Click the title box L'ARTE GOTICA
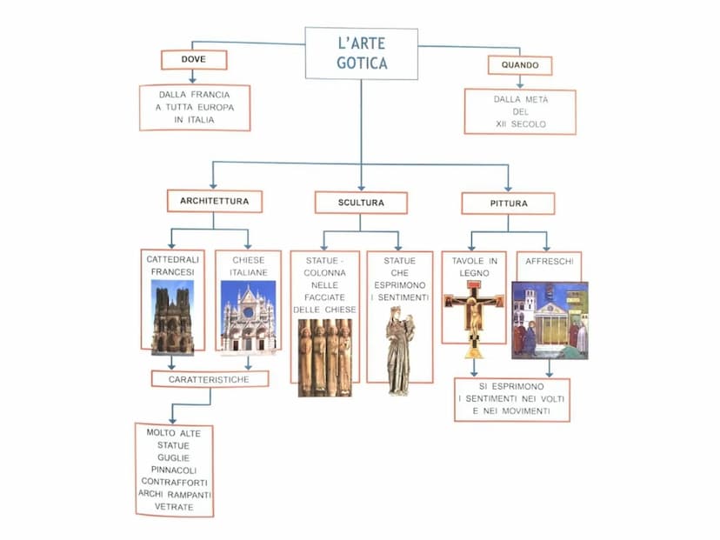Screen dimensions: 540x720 tap(361, 52)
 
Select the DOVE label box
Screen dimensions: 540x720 tap(194, 59)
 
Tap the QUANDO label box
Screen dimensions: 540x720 tap(520, 65)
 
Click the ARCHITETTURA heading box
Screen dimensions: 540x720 tap(214, 201)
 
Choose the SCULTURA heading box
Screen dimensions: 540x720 tap(361, 203)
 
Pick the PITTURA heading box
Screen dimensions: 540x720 tap(508, 203)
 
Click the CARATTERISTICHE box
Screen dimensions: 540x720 tap(210, 379)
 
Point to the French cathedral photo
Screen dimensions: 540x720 tap(172, 317)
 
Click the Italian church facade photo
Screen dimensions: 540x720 tap(248, 316)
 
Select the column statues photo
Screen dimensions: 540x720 tap(325, 357)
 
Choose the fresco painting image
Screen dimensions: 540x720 tap(550, 320)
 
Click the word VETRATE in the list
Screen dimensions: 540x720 tap(174, 506)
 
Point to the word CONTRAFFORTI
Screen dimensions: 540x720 tap(174, 482)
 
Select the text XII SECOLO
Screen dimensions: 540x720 tap(520, 124)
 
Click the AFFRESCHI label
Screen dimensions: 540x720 tap(549, 260)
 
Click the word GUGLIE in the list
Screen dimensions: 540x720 tap(174, 457)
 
